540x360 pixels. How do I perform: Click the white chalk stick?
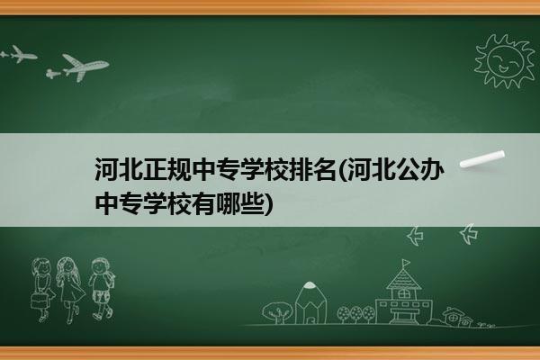click(482, 159)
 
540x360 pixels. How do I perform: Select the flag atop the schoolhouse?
click(406, 263)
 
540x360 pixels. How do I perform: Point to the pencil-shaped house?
click(310, 302)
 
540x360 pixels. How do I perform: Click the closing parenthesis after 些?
click(268, 204)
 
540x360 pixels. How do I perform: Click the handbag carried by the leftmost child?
click(39, 301)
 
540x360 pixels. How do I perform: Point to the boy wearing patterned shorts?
click(101, 289)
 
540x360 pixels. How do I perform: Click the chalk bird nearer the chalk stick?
click(469, 234)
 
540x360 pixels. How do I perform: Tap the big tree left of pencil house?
click(277, 312)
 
